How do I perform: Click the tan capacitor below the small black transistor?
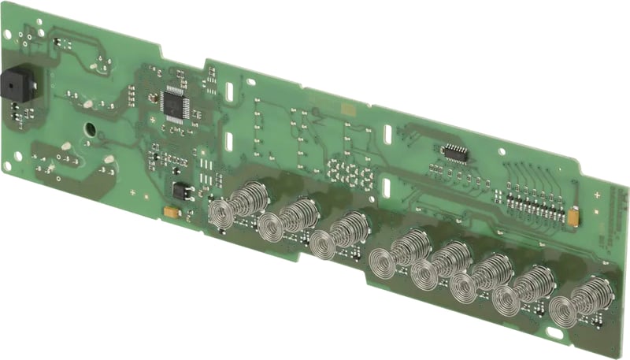(x=169, y=211)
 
